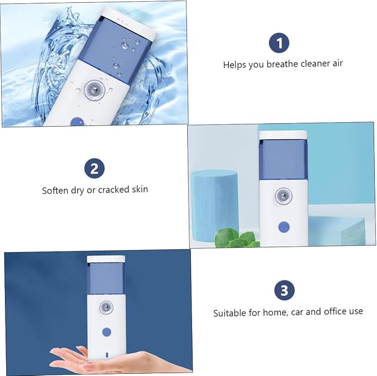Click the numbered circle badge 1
tap(279, 43)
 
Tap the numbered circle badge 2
tap(94, 168)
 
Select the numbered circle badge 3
tap(284, 290)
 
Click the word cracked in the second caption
tap(113, 189)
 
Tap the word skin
tap(140, 189)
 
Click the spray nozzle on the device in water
tap(95, 90)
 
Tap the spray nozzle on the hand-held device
tap(106, 307)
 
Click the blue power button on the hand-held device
tap(107, 332)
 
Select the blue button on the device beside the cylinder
tap(284, 227)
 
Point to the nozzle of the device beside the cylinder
tap(284, 196)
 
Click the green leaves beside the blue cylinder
tap(237, 238)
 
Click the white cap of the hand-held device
tap(106, 259)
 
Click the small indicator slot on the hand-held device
tap(107, 354)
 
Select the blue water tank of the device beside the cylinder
tap(283, 159)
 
